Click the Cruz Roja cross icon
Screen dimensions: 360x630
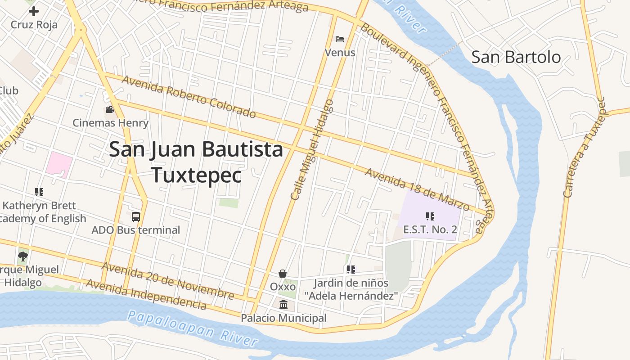[x=34, y=11]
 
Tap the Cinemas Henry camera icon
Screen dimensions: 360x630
[x=110, y=109]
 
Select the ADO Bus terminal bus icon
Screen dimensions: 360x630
[x=136, y=217]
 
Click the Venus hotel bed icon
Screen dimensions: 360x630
[x=340, y=39]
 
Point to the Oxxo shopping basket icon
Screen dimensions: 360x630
[x=283, y=274]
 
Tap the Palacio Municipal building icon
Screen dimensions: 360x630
[x=283, y=305]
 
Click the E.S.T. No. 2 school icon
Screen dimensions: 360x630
[x=430, y=216]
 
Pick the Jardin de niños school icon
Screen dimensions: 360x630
[x=351, y=270]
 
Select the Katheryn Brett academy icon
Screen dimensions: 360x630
[x=39, y=192]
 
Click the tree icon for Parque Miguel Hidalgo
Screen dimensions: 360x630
[x=23, y=256]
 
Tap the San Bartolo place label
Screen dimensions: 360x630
[x=516, y=57]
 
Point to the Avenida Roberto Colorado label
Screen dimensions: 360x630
[x=189, y=97]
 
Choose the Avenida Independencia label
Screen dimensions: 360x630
[x=146, y=295]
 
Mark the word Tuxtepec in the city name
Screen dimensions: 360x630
[x=196, y=175]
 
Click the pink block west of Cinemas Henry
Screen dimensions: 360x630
[x=58, y=165]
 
